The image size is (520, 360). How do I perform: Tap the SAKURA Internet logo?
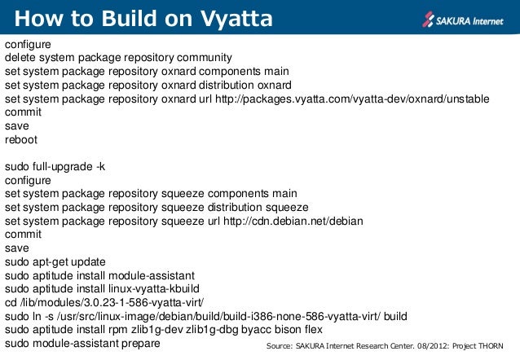463,17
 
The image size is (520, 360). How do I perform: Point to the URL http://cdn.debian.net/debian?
293,221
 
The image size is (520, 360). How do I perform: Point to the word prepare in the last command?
139,344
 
